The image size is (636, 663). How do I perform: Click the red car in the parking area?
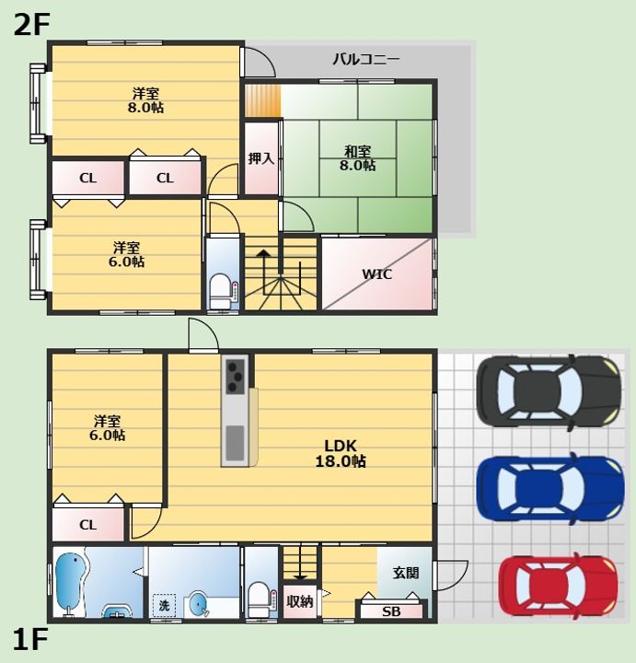tap(558, 586)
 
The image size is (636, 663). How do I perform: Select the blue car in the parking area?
tap(550, 488)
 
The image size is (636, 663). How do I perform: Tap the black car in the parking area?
tap(549, 391)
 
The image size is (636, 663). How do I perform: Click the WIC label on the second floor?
tap(377, 274)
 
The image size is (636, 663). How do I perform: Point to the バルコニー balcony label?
tap(366, 59)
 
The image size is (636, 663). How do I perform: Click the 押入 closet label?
tap(261, 158)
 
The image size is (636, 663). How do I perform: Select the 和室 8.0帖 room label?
tap(357, 158)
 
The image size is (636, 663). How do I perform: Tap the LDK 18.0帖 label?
tap(341, 453)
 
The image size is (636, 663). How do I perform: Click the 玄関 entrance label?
tap(406, 573)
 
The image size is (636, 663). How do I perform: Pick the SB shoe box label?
tap(391, 611)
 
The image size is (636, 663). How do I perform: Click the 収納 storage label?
tap(300, 601)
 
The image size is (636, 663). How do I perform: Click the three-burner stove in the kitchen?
tap(235, 376)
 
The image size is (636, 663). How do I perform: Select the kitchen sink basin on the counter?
tap(235, 443)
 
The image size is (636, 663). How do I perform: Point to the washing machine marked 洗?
tap(164, 606)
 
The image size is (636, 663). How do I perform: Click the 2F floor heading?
tap(31, 25)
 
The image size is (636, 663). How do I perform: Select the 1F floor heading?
tap(30, 639)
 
